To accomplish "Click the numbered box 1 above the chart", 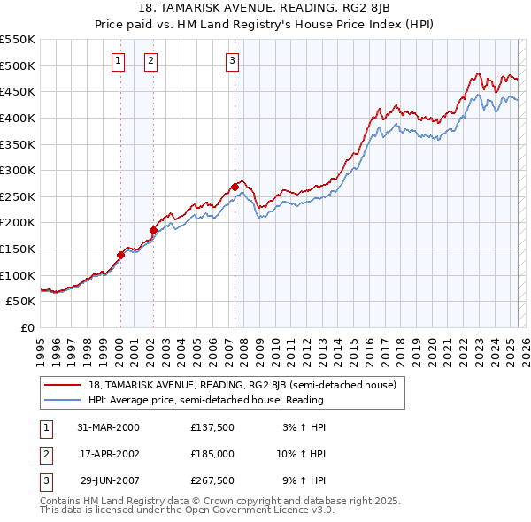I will click(x=119, y=61).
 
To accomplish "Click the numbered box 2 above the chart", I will click(x=151, y=61).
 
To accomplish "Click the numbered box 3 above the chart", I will click(x=232, y=61).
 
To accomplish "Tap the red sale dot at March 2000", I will click(x=120, y=255).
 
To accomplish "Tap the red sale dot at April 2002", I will click(x=153, y=230).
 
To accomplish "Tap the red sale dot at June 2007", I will click(x=235, y=187).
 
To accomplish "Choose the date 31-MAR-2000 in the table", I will click(x=108, y=427).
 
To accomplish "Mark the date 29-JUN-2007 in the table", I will click(x=108, y=480).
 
